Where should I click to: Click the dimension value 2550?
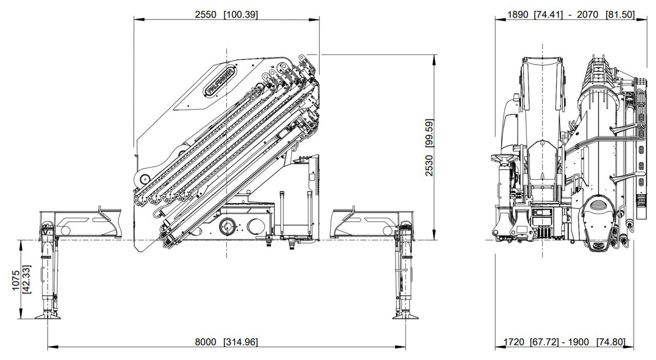tap(206, 14)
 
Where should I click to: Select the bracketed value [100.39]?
tap(241, 14)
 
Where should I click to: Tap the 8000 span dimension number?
tap(206, 342)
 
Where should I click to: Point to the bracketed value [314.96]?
tap(241, 342)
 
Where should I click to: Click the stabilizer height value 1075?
tap(16, 280)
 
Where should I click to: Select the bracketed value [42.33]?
tap(27, 279)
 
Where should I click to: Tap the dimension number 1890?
tap(518, 14)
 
